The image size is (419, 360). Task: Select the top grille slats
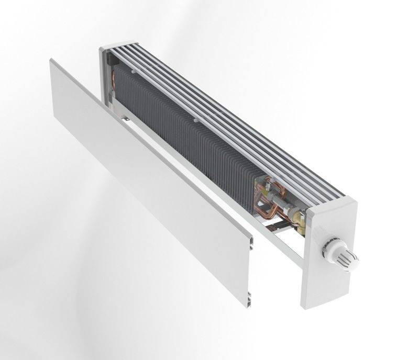click(220, 105)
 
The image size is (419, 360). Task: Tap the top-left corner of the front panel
click(52, 62)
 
